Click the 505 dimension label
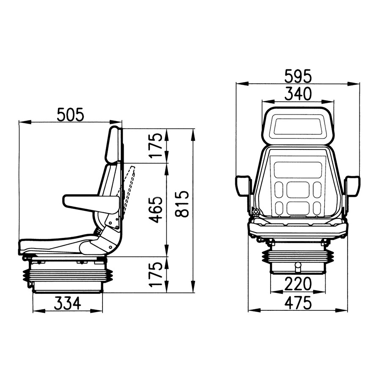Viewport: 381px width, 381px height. point(71,114)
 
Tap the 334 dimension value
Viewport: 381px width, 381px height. point(67,303)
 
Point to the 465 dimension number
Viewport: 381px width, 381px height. point(156,210)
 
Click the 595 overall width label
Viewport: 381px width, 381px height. point(298,77)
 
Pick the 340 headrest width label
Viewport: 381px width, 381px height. point(298,93)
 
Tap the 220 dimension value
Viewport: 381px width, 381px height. point(298,283)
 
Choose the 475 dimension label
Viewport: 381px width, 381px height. point(298,303)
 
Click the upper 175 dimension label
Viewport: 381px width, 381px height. point(156,145)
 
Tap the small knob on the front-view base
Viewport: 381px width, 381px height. point(298,267)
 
